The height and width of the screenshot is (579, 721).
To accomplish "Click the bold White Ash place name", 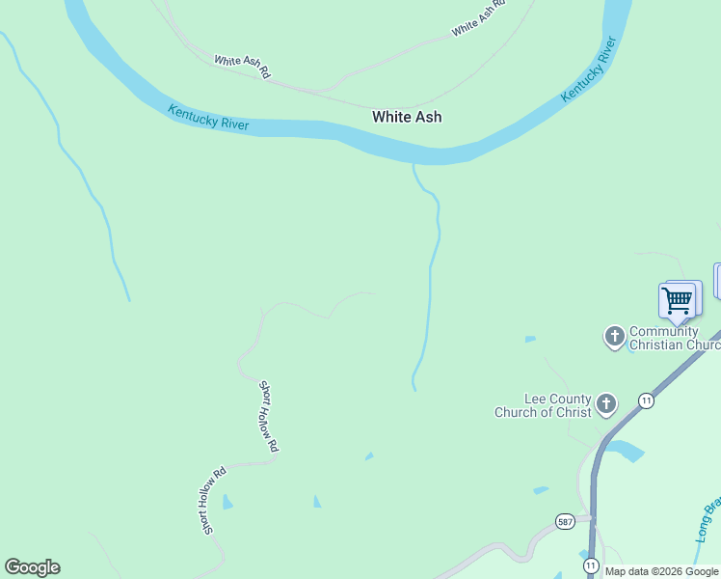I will coord(407,117).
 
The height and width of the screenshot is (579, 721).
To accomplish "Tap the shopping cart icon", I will coord(677,300).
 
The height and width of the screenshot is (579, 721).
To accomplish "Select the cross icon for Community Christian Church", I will coord(614,337).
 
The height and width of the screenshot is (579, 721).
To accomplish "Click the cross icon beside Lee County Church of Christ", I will coord(605,404).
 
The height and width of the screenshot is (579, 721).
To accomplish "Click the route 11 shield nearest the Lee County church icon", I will coord(645,400).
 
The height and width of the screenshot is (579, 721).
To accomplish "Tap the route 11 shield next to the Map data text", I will coord(590,565).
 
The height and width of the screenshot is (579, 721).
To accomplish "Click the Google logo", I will coord(32,567).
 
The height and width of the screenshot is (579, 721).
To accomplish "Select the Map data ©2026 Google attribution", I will coord(661,571).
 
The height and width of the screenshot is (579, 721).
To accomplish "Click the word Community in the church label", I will coord(663,332).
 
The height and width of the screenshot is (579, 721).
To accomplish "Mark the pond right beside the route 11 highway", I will coord(627,450).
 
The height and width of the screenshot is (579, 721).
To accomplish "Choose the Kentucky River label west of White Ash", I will coord(208,118).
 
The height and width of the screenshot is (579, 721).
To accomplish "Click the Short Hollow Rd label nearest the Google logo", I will coord(212,500).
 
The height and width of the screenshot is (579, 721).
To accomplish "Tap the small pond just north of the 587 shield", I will coord(541,491).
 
